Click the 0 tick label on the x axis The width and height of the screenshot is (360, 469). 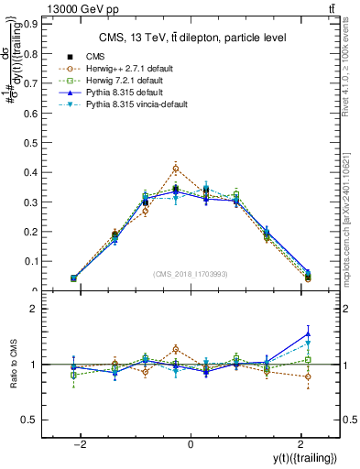(191, 443)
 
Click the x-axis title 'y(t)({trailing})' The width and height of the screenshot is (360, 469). (305, 457)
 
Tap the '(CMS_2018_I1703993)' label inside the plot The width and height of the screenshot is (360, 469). (191, 274)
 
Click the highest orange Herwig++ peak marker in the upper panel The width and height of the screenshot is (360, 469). (175, 169)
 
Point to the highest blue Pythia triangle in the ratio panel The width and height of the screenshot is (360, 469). (308, 333)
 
